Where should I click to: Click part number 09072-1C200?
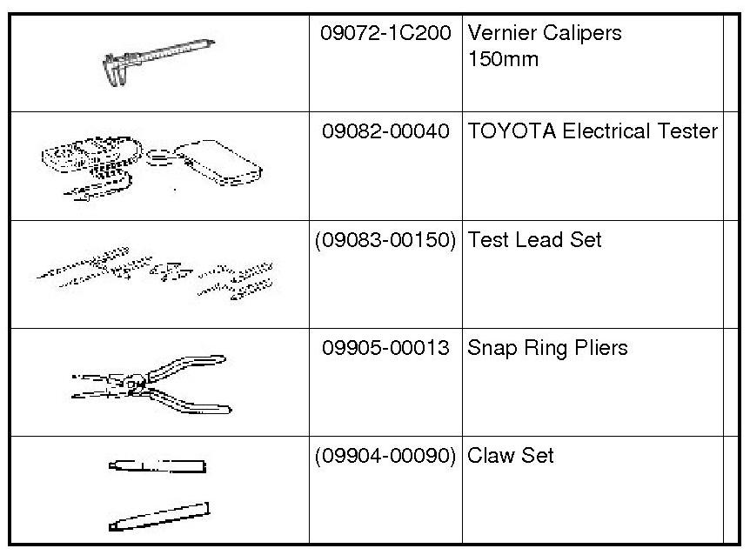point(385,34)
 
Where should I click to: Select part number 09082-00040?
point(385,131)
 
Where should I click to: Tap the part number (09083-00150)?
point(385,239)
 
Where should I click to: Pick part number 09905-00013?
point(385,348)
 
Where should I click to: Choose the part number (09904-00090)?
point(385,456)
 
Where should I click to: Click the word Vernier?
point(499,34)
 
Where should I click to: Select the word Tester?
point(687,131)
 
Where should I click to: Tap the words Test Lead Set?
point(534,239)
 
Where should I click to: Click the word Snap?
point(492,348)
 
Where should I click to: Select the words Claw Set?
point(511,456)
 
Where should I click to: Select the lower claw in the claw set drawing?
point(160,515)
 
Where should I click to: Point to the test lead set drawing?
point(157,273)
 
